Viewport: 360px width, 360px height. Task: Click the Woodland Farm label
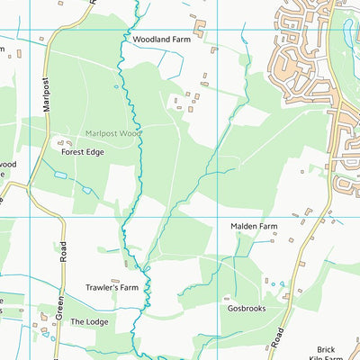tap(162, 40)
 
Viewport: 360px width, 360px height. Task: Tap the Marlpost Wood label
tap(114, 133)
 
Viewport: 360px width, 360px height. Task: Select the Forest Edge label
tap(83, 153)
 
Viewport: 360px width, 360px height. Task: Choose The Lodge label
tap(89, 321)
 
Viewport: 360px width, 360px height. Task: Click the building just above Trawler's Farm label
tap(115, 281)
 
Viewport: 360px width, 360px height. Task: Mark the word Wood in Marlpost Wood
tap(131, 133)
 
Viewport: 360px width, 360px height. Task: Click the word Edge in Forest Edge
tap(96, 153)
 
